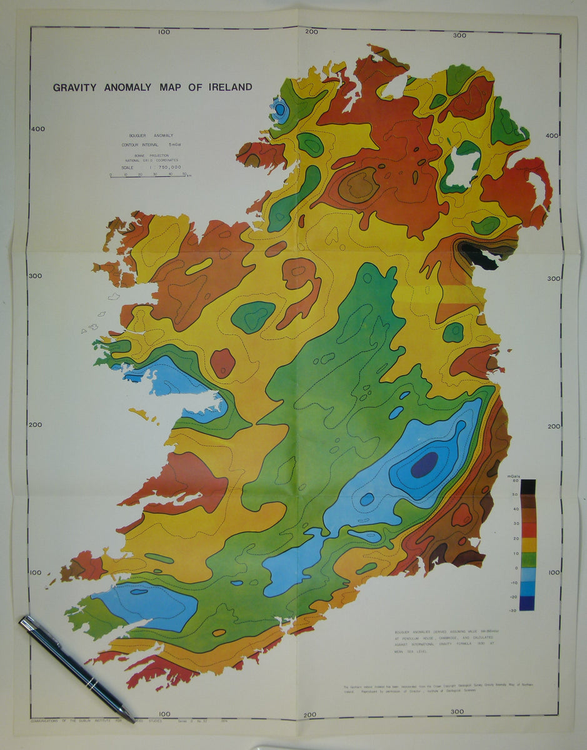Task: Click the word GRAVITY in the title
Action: point(75,87)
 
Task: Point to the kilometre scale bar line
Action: point(150,176)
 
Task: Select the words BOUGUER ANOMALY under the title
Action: point(151,136)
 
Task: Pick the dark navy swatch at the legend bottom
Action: point(527,604)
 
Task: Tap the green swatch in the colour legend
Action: point(527,560)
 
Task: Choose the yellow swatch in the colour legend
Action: point(527,545)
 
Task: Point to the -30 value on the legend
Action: point(513,611)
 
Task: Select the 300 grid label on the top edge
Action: point(459,36)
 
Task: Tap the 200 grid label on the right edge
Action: point(553,427)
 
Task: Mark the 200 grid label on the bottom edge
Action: point(310,715)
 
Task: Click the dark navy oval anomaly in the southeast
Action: point(424,464)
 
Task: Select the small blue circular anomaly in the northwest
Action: point(279,111)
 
